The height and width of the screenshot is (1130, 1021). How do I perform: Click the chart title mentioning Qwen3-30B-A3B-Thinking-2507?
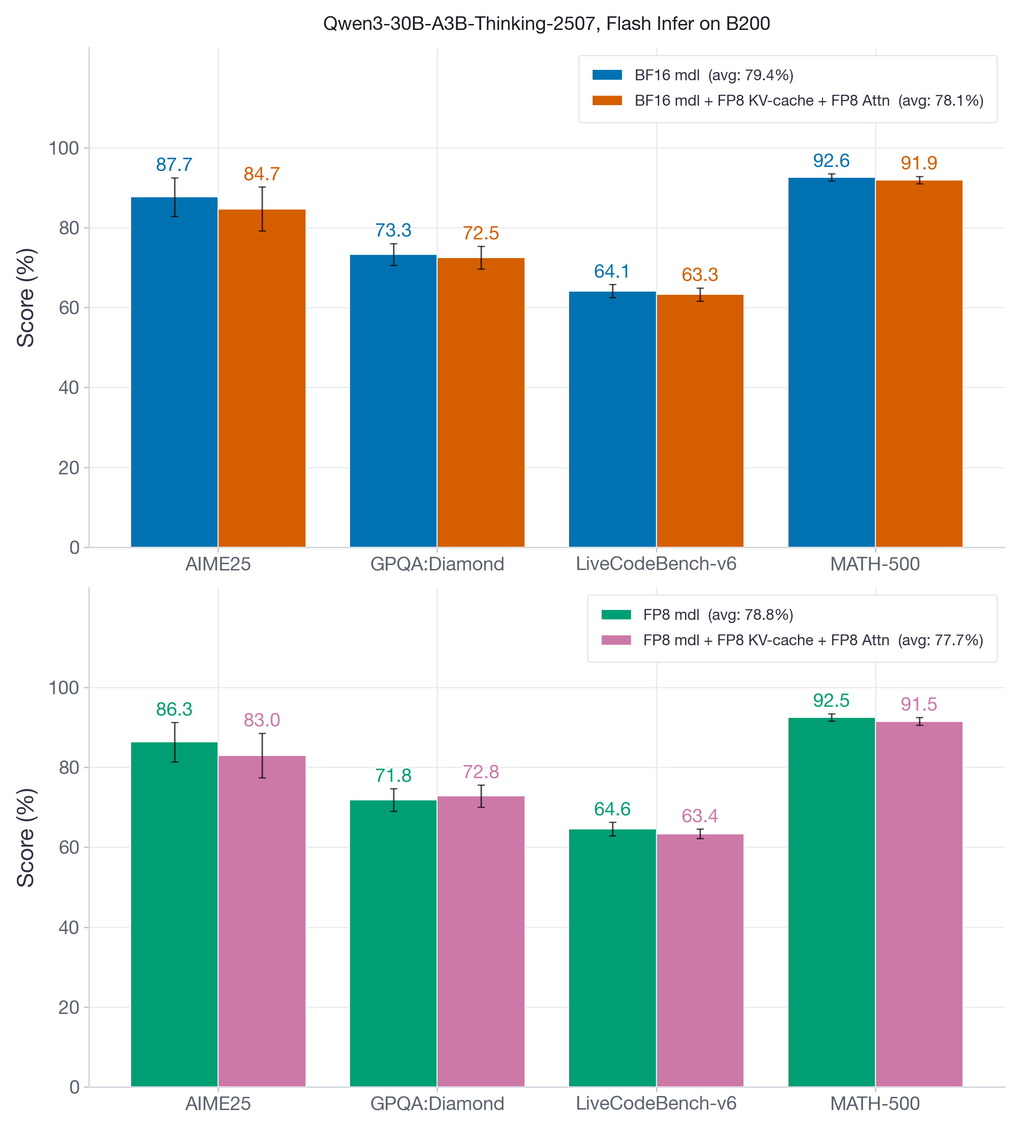(x=546, y=24)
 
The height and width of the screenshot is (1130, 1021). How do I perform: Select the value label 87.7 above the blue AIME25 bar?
(x=174, y=165)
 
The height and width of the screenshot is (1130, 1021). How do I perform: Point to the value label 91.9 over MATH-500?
(x=919, y=163)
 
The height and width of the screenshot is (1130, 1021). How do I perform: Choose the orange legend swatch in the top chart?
(x=607, y=100)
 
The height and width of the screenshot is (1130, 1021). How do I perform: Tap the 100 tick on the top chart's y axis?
(x=63, y=149)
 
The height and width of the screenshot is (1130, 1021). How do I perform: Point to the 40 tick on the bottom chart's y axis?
(x=68, y=928)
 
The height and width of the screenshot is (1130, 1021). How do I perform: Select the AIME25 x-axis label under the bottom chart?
(x=218, y=1104)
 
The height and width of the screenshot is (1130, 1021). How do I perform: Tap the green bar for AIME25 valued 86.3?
(x=174, y=914)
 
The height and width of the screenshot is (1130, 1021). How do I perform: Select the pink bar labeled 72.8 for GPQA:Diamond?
(x=480, y=942)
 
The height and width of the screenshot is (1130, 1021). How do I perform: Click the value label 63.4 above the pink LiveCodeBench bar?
(x=700, y=816)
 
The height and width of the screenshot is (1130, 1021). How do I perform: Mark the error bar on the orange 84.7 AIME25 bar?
(x=262, y=209)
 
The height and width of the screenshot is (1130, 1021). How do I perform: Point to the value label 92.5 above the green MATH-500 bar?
(x=831, y=701)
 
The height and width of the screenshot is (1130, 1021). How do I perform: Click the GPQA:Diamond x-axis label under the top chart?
(x=437, y=564)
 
